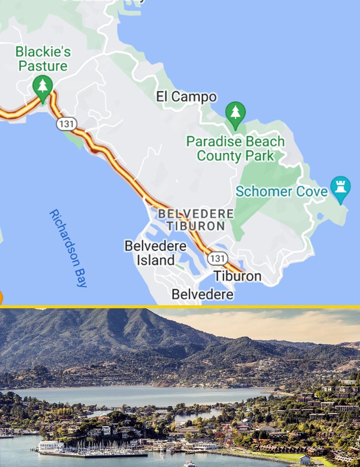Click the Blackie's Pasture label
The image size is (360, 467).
43,58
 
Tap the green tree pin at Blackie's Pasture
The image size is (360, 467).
43,87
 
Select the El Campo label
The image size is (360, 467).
186,97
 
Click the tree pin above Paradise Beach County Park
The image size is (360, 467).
236,113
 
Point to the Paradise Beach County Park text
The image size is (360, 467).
235,149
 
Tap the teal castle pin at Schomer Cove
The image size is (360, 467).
340,188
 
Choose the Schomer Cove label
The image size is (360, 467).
281,191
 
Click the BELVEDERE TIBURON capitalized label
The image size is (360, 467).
196,220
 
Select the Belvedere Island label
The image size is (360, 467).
155,253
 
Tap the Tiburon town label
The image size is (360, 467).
238,276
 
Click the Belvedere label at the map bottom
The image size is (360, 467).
202,294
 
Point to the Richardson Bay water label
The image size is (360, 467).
68,248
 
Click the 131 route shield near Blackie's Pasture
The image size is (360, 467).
66,123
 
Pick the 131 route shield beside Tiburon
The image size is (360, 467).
217,259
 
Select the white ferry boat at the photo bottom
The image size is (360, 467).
189,463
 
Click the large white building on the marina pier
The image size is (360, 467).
51,446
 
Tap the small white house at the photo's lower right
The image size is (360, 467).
305,460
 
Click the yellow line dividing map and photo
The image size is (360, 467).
180,307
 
